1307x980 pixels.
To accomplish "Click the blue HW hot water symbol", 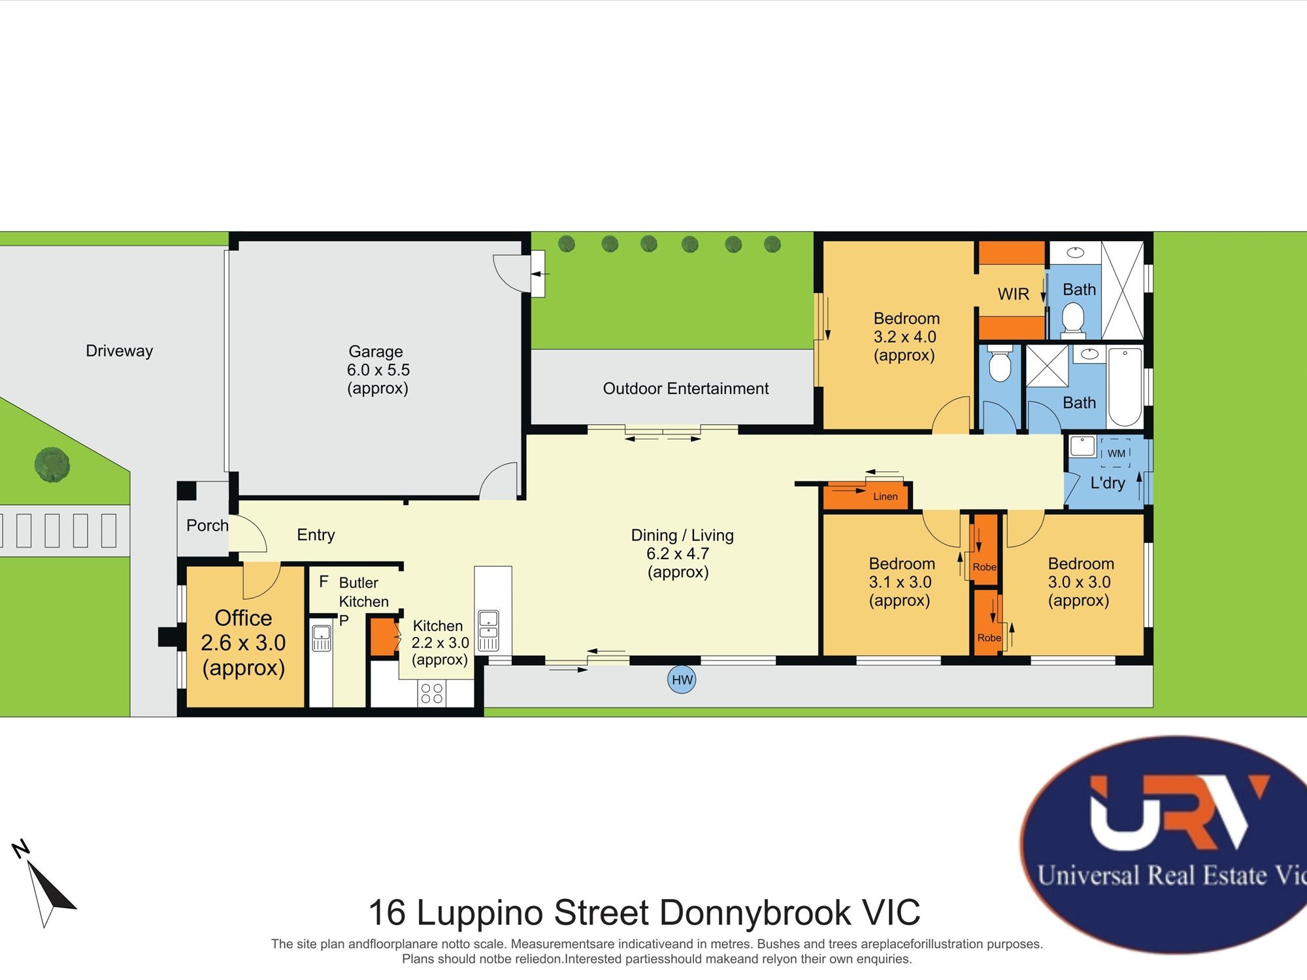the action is click(682, 680).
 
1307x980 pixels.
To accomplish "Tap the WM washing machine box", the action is click(1116, 453).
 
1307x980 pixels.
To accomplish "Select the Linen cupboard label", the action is click(885, 497).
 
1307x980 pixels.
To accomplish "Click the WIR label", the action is click(1013, 294).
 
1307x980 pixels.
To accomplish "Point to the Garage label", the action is click(376, 351).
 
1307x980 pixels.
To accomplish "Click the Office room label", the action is click(243, 618).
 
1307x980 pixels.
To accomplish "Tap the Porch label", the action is click(207, 525).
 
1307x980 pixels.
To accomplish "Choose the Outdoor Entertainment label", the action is click(686, 389).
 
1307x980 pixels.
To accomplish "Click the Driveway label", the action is click(119, 351).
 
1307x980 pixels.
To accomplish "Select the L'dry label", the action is click(1108, 483).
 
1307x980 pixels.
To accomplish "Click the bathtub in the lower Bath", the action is click(1125, 386).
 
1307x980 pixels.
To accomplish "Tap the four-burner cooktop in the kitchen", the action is click(432, 693).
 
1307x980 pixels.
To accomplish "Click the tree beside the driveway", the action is click(52, 465).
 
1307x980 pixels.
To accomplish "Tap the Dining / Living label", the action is click(682, 536).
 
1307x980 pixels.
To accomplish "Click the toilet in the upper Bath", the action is click(1072, 319).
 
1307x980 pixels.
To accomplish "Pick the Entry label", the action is click(316, 535).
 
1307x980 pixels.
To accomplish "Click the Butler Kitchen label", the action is click(363, 592).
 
